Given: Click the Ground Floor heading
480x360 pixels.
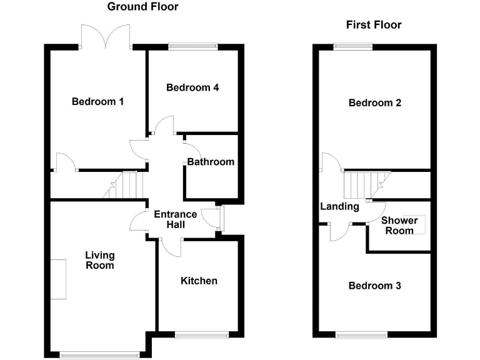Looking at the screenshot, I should (x=142, y=7).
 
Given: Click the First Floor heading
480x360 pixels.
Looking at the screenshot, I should (x=374, y=25).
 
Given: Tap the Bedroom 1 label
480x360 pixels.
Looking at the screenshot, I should (x=97, y=102).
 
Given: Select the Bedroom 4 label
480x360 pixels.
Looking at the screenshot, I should (x=192, y=87).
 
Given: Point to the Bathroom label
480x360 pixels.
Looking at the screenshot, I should (x=211, y=162).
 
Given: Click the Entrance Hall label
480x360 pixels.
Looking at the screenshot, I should (x=176, y=219).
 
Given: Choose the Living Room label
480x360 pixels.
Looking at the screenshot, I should (x=100, y=260).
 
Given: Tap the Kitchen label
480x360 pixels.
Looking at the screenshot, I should (x=199, y=281).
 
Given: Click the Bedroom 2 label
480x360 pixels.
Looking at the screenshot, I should (x=375, y=103).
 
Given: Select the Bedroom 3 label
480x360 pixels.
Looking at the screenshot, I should (x=375, y=286).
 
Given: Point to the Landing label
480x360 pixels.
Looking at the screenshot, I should (x=339, y=207).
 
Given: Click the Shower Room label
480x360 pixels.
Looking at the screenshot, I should (x=399, y=226).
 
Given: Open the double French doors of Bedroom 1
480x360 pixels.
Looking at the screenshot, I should (x=105, y=37).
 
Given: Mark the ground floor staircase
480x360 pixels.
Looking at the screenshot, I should (x=130, y=186).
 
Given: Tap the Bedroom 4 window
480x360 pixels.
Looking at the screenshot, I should (x=192, y=45).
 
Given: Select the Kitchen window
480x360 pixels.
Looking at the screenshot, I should (x=199, y=334).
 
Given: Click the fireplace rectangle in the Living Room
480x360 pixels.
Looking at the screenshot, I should (x=58, y=279).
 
